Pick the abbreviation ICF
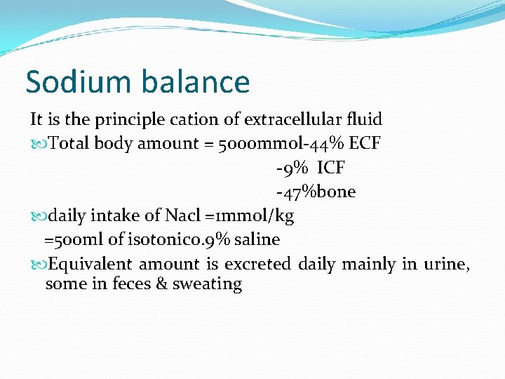click(331, 168)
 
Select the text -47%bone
click(316, 192)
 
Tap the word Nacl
click(184, 215)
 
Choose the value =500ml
click(74, 239)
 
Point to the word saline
click(257, 239)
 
